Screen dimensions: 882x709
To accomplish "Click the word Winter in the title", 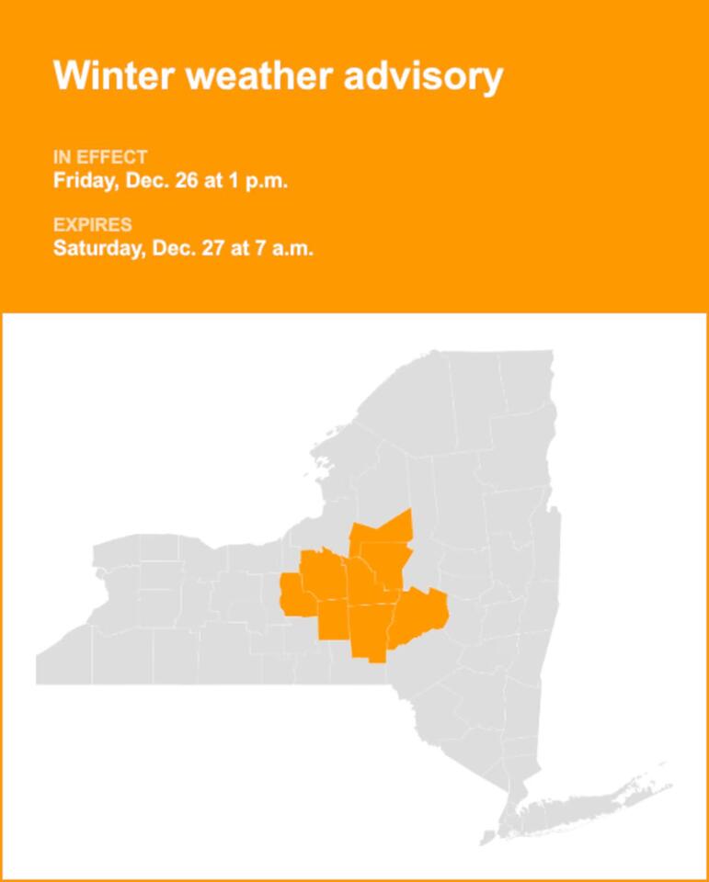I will click(115, 75).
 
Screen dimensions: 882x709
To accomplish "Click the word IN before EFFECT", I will click(61, 157).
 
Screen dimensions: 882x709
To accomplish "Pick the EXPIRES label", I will click(92, 225).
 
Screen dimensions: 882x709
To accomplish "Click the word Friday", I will click(83, 180).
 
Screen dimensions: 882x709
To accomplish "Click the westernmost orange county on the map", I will click(293, 595).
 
